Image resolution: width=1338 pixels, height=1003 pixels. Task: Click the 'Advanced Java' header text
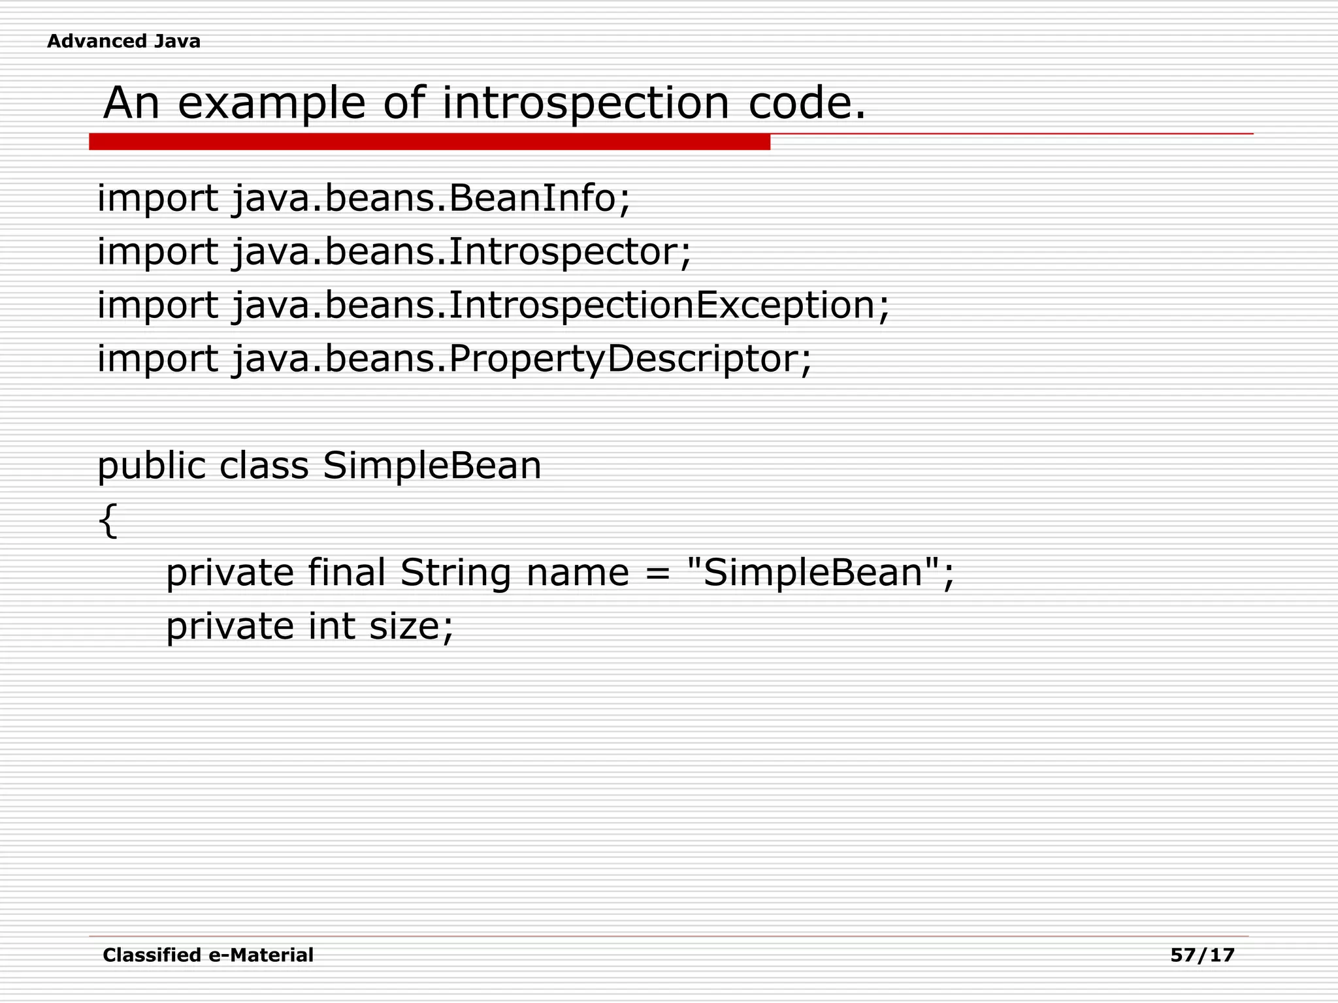pyautogui.click(x=123, y=41)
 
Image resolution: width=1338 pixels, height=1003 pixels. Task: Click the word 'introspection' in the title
pyautogui.click(x=585, y=103)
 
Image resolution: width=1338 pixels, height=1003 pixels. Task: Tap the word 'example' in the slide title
pyautogui.click(x=271, y=103)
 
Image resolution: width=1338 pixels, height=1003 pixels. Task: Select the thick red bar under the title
pyautogui.click(x=429, y=142)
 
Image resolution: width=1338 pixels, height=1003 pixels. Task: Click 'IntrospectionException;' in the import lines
pyautogui.click(x=669, y=305)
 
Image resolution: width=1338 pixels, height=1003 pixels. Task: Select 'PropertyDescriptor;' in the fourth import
pyautogui.click(x=630, y=358)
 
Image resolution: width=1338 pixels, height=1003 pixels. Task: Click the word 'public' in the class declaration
pyautogui.click(x=151, y=466)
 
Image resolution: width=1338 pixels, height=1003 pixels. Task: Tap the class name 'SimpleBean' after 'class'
pyautogui.click(x=432, y=466)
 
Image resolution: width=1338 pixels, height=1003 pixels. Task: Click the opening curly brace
pyautogui.click(x=108, y=520)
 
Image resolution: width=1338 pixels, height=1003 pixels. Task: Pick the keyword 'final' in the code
pyautogui.click(x=347, y=573)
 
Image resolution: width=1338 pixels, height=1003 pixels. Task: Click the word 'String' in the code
pyautogui.click(x=455, y=573)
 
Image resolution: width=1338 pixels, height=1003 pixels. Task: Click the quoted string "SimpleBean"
pyautogui.click(x=814, y=573)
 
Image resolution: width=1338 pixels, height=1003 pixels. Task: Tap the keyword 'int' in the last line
pyautogui.click(x=331, y=626)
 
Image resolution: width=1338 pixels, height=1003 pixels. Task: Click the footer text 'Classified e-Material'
pyautogui.click(x=208, y=955)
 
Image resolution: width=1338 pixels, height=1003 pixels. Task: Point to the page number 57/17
pyautogui.click(x=1202, y=955)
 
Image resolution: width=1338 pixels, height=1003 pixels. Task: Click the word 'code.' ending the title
pyautogui.click(x=807, y=103)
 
